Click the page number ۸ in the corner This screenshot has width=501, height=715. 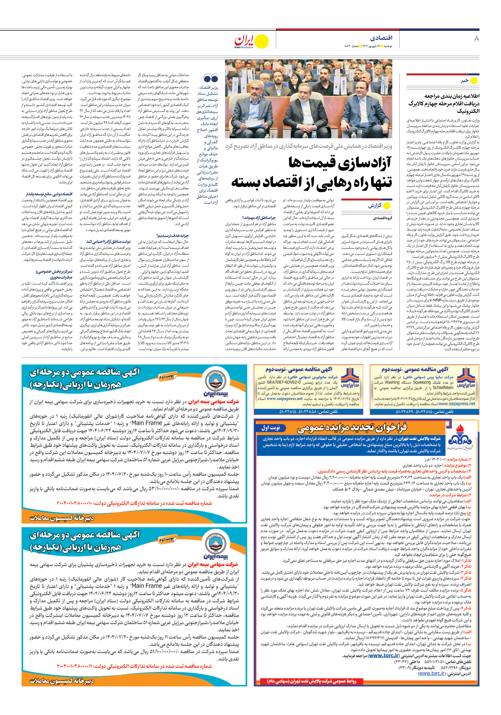click(x=476, y=38)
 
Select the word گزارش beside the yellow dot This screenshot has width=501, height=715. click(x=374, y=206)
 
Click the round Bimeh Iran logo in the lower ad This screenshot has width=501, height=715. click(x=215, y=547)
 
